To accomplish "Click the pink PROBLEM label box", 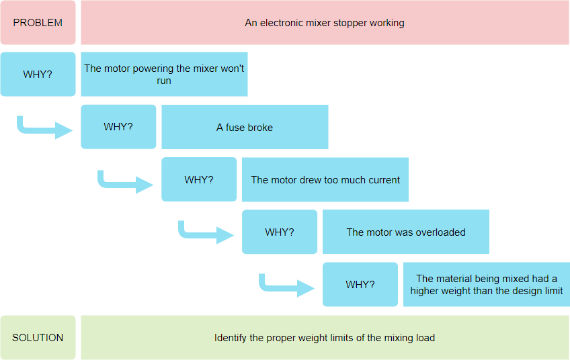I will click(38, 23).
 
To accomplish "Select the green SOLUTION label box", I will click(38, 337).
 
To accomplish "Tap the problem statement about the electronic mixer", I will click(325, 23).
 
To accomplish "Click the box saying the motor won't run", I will click(164, 74).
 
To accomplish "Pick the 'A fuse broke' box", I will click(245, 127).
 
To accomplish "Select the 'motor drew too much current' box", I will click(325, 179).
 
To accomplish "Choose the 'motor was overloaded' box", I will click(406, 232).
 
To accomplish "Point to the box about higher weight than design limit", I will click(487, 285).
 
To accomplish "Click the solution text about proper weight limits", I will click(325, 337).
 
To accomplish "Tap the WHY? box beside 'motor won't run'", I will click(38, 74).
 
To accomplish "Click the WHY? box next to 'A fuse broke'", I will click(118, 127).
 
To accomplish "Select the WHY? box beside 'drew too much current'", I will click(199, 179).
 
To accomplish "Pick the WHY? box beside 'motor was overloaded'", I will click(280, 232).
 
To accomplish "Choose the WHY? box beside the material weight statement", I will click(360, 285).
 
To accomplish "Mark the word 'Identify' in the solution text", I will click(231, 337).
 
